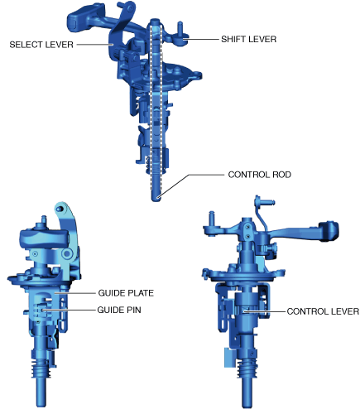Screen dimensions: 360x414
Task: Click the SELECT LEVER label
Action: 41,45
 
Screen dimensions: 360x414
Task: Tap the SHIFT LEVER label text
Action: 248,39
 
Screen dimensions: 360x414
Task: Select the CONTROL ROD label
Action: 260,175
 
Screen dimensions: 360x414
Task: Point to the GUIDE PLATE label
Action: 126,293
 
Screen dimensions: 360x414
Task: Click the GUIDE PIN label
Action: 119,310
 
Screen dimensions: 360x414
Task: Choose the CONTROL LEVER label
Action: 323,311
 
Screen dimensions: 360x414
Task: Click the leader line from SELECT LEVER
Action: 94,45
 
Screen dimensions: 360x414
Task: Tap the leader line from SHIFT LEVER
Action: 201,40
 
